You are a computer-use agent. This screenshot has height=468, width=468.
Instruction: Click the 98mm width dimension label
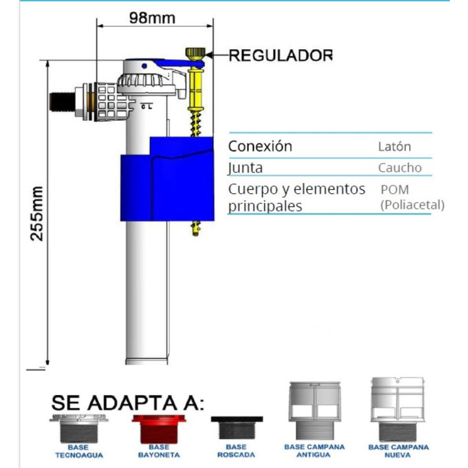[152, 18]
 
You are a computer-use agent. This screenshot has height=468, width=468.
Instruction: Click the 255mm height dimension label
[37, 213]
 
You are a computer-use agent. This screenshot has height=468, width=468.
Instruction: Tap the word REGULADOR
[281, 56]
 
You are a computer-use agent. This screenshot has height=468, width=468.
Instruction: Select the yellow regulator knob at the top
[195, 54]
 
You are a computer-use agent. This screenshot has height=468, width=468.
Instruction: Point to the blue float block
[167, 179]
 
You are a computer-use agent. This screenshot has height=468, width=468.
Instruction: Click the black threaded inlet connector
[63, 101]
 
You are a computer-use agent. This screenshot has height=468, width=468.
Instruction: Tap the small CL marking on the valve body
[147, 106]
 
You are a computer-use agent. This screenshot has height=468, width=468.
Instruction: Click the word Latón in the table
[394, 147]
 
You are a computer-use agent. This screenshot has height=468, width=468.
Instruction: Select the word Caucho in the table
[400, 167]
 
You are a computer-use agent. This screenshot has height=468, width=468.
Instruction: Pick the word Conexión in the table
[261, 146]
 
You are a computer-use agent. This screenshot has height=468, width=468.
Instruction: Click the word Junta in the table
[246, 167]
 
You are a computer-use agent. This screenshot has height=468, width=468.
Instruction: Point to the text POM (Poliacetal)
[412, 197]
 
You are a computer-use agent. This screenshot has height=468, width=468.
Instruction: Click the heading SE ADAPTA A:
[128, 403]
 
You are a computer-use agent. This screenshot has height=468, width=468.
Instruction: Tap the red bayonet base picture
[159, 429]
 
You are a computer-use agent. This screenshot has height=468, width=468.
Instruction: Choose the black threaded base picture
[237, 428]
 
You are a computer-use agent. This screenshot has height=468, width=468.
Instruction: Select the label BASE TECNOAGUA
[79, 451]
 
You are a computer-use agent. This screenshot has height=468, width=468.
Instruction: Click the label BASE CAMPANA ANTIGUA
[314, 451]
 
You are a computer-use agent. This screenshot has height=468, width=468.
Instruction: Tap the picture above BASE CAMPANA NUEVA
[398, 410]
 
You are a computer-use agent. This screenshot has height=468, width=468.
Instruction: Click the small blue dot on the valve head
[144, 66]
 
